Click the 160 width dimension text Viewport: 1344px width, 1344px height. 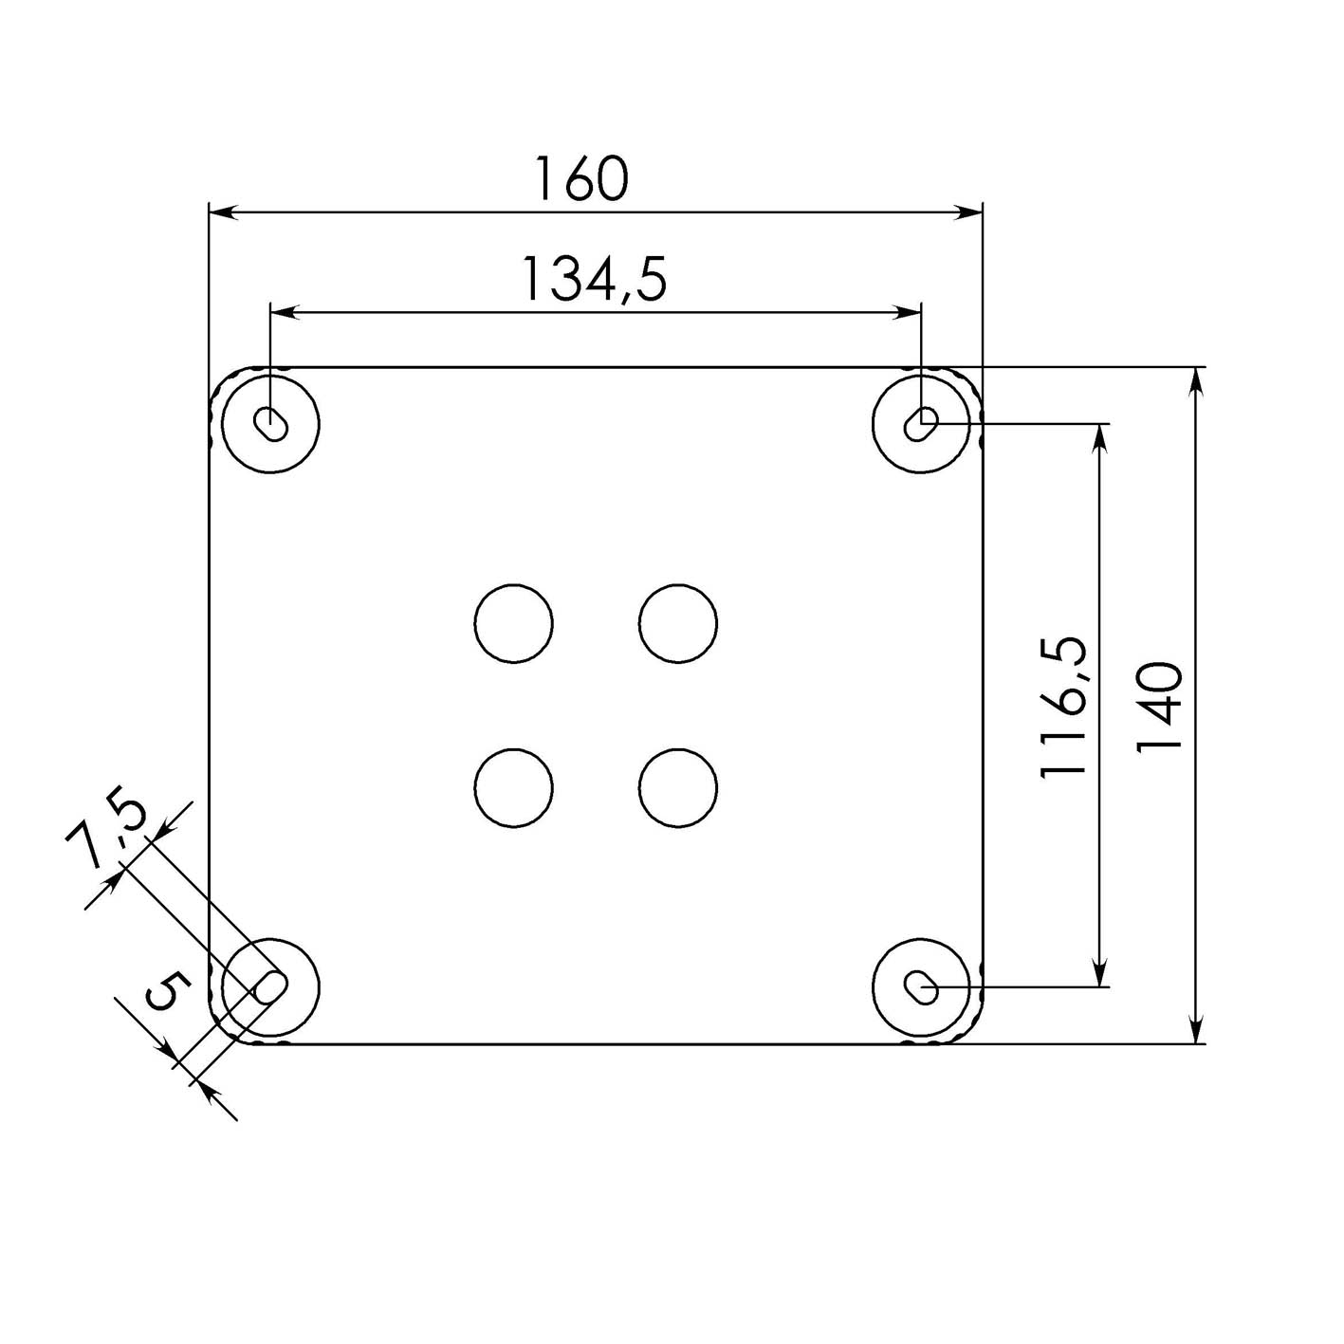tap(581, 179)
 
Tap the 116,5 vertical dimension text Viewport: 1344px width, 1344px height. tap(1063, 707)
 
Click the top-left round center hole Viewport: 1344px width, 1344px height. tap(513, 623)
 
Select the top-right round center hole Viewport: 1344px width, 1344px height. tap(677, 623)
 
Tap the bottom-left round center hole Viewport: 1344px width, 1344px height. tap(513, 788)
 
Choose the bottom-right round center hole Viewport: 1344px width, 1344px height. tap(677, 788)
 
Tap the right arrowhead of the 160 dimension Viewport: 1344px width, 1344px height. tap(969, 212)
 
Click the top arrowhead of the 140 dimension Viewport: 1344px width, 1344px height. tap(1197, 380)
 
